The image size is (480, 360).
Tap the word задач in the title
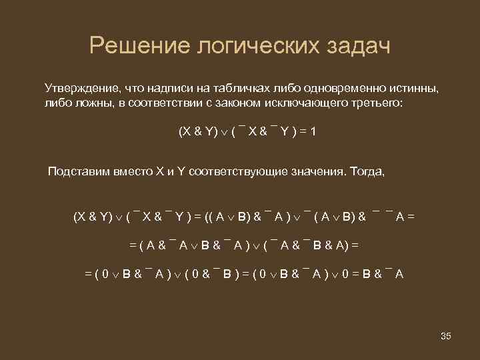(x=354, y=47)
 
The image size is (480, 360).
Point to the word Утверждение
(x=79, y=88)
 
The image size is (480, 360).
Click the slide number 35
(x=446, y=336)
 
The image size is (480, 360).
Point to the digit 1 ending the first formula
(x=313, y=132)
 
